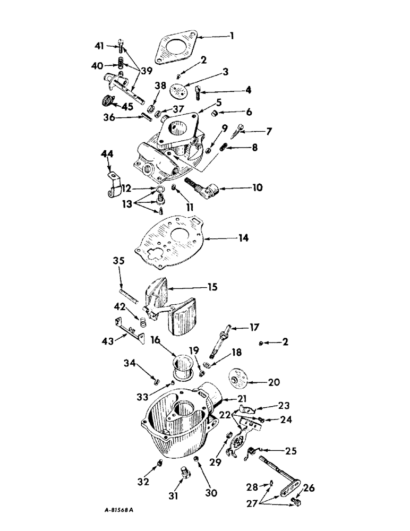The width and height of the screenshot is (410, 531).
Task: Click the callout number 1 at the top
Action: (232, 36)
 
